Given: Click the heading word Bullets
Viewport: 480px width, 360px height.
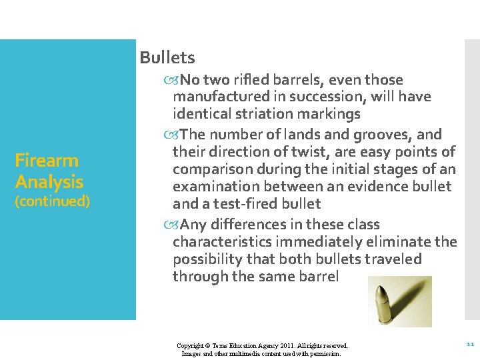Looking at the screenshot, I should coord(167,57).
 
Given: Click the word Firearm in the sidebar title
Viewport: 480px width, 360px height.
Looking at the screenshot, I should coord(47,160).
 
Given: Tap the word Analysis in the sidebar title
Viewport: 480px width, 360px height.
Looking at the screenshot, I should coord(49,181).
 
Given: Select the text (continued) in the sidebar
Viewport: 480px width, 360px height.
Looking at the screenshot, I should coord(52,201).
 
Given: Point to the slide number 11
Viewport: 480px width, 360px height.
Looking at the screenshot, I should coord(469,345).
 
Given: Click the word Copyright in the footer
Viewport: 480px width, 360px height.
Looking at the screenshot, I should coord(191,346).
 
